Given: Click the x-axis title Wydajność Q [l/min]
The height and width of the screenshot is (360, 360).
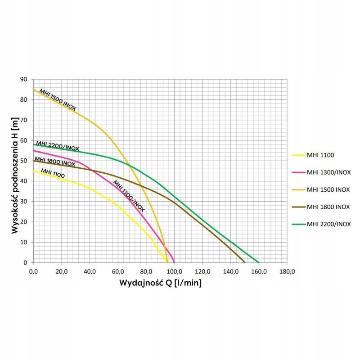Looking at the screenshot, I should [160, 283].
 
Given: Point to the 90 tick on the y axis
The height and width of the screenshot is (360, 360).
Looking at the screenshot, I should [24, 79].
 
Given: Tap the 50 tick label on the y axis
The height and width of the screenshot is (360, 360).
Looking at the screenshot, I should [24, 161].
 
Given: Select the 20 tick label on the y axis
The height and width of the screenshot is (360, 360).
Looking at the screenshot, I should [24, 222].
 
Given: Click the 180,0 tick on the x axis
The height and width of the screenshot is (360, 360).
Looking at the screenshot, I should [287, 271].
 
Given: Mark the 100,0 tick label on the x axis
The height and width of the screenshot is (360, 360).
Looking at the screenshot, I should [174, 271].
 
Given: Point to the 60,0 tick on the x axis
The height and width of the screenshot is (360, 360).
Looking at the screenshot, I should [118, 271].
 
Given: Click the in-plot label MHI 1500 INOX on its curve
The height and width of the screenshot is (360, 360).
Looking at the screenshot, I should [58, 99].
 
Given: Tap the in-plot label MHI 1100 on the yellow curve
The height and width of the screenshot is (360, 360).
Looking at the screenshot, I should [53, 173].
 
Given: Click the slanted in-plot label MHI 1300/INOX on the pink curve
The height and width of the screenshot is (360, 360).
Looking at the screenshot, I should [129, 196].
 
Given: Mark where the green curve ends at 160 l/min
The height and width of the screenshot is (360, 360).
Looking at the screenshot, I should [259, 262].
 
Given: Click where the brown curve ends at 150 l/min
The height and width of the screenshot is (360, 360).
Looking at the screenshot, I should [245, 262].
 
